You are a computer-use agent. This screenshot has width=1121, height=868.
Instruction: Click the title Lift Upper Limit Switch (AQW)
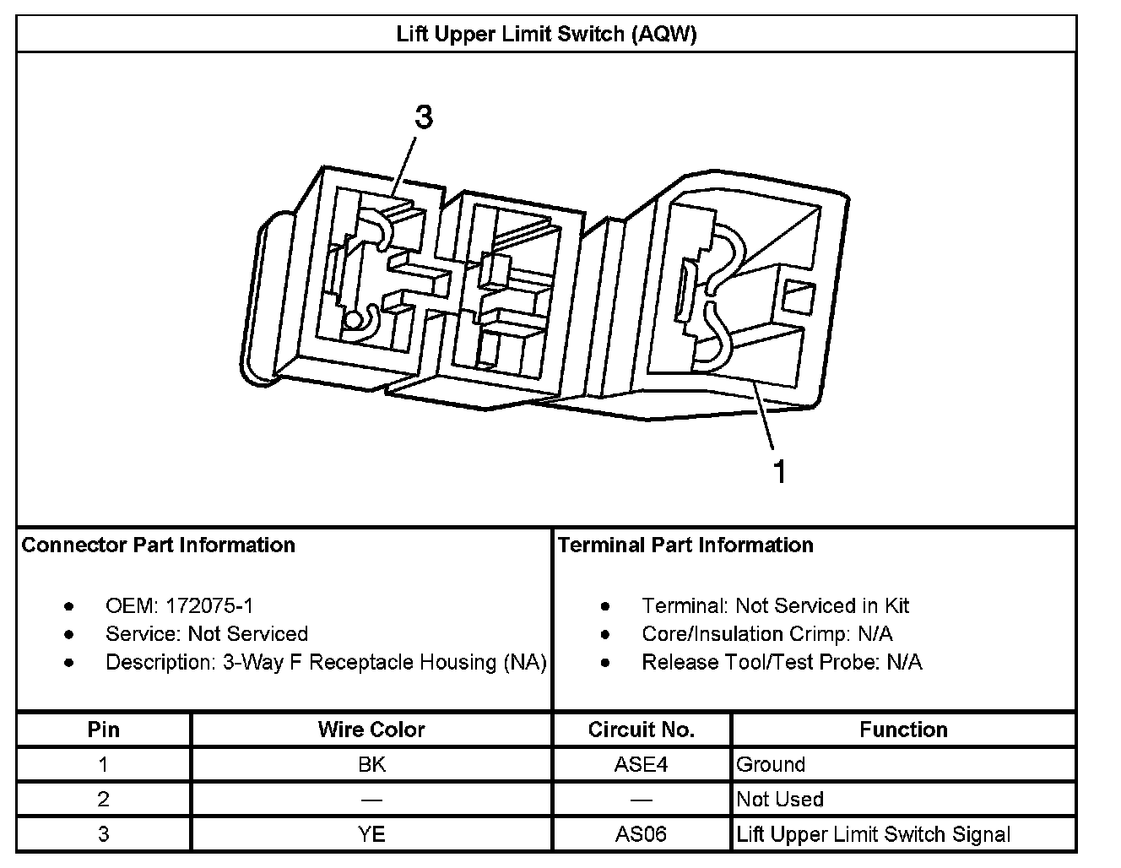pos(546,35)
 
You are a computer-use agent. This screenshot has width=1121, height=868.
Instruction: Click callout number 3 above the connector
pos(423,117)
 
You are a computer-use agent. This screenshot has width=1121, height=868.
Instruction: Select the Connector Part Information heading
pos(159,545)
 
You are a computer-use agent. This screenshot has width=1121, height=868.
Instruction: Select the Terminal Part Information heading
pos(685,545)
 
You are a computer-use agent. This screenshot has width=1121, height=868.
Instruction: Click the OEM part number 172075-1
pos(209,605)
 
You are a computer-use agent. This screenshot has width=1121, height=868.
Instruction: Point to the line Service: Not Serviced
pos(207,634)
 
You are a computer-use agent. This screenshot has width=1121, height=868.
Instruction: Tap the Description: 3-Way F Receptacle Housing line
pos(326,662)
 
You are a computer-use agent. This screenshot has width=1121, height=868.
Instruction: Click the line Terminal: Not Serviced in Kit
pos(775,605)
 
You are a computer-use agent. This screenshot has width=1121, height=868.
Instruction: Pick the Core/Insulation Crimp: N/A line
pos(766,634)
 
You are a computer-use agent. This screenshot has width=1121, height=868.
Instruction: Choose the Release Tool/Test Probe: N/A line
pos(782,662)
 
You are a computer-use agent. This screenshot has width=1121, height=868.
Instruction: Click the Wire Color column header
pos(371,730)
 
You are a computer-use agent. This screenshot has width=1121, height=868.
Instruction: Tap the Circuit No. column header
pos(642,730)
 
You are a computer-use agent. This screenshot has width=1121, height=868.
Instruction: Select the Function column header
pos(903,730)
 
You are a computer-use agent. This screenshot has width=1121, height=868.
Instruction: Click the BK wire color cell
pos(371,765)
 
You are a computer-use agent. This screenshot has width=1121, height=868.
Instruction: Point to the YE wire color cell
pos(371,835)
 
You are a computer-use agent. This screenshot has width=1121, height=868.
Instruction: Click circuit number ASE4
pos(641,765)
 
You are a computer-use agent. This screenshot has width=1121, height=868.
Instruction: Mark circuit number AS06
pos(641,835)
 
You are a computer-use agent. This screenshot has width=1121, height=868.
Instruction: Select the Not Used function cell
pos(780,800)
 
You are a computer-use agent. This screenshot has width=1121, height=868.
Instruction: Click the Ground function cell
pos(771,765)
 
